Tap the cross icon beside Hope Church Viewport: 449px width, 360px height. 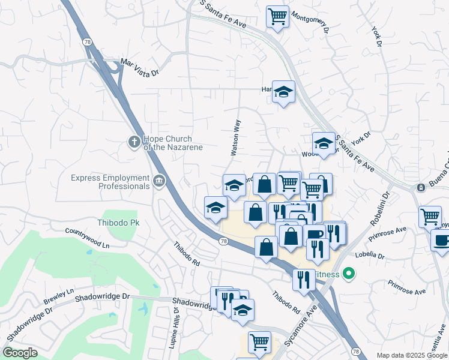[x=134, y=142]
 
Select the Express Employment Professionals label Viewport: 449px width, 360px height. [x=110, y=182]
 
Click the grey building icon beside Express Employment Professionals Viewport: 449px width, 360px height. [x=159, y=181]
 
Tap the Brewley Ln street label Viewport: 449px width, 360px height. [x=58, y=295]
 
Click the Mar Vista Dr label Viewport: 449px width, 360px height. [x=139, y=67]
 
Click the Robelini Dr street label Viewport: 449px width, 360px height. [x=380, y=210]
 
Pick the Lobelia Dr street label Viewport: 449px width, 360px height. [x=369, y=254]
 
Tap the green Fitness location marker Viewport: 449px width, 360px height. [x=348, y=275]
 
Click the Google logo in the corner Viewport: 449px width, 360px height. [x=20, y=353]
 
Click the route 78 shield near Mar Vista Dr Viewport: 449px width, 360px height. [x=88, y=41]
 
